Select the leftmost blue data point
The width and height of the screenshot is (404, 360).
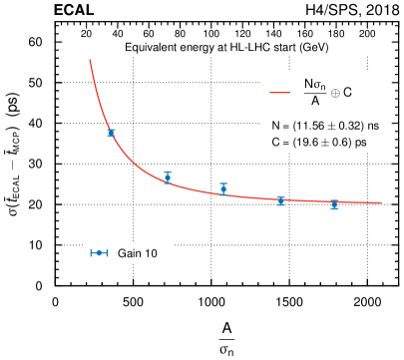(x=111, y=133)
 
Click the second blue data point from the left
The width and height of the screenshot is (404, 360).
(x=168, y=177)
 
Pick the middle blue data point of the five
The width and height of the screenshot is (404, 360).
(x=223, y=188)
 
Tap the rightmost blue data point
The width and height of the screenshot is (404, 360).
(x=334, y=204)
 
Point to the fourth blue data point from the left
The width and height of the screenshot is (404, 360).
(x=281, y=200)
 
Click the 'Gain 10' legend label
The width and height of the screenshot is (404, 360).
(x=138, y=254)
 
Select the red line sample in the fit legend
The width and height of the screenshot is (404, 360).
(x=280, y=93)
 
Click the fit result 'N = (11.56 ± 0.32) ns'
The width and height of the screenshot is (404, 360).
(x=325, y=127)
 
